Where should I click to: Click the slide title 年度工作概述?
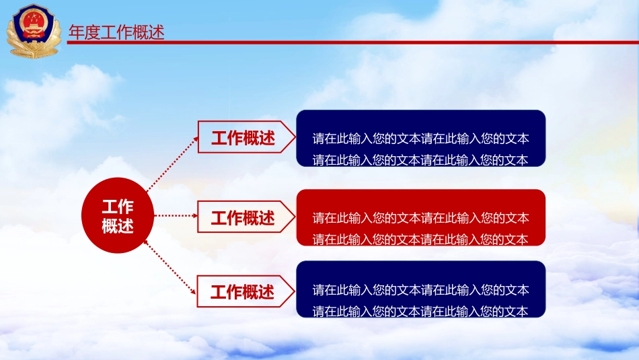(117, 32)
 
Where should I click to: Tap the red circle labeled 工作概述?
(118, 216)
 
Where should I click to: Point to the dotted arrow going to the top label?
(171, 162)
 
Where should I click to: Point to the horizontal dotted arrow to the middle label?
(175, 216)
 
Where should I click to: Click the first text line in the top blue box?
(420, 139)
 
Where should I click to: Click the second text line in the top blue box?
(420, 160)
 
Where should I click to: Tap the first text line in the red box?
(420, 218)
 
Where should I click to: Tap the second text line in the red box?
(420, 239)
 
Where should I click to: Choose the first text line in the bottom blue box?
(420, 290)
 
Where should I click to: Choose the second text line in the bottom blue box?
(420, 311)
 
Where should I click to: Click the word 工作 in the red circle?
(118, 207)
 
